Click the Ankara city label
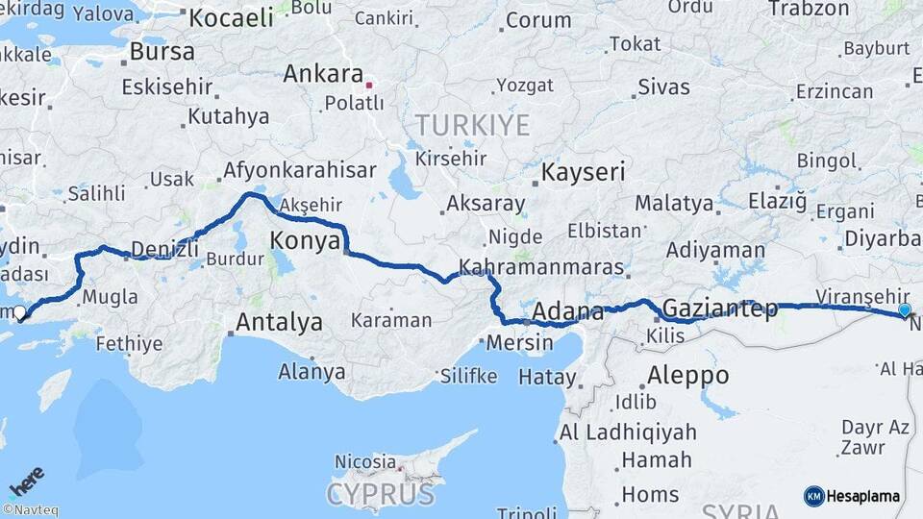pos(323,74)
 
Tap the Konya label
pos(305,240)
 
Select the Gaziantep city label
pos(719,309)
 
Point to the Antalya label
pos(279,322)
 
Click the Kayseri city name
pos(584,173)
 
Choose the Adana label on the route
pos(566,311)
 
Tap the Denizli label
pos(162,249)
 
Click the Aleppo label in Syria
pos(687,375)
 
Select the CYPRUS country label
pos(380,494)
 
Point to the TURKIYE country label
pos(472,125)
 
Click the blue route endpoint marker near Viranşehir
pos(905,309)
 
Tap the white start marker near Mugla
pos(19,312)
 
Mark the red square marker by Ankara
pos(369,85)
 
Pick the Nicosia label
pos(364,462)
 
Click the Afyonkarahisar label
pos(299,171)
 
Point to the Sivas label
pos(663,87)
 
